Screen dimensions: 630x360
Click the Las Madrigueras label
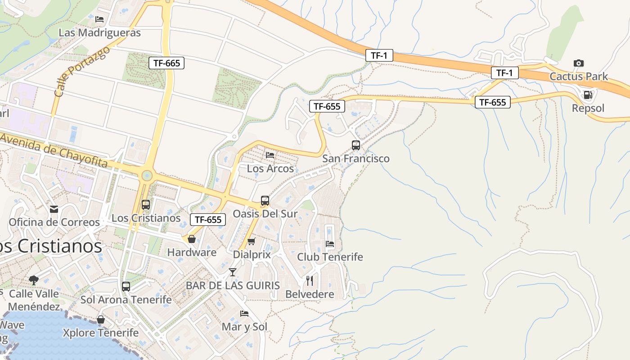click(x=99, y=33)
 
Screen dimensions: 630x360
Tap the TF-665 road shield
click(x=166, y=63)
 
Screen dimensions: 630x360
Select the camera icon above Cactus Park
click(x=579, y=63)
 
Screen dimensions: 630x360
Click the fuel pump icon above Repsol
click(x=588, y=95)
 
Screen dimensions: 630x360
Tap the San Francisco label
click(x=355, y=158)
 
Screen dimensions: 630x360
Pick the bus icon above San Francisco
click(x=355, y=145)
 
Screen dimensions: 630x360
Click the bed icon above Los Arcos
click(x=270, y=155)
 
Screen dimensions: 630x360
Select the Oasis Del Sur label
click(x=265, y=214)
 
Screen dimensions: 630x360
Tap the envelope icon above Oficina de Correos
click(x=54, y=209)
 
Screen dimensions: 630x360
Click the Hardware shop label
click(x=192, y=252)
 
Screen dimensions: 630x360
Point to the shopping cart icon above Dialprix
click(x=252, y=242)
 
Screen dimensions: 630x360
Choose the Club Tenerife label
click(x=330, y=257)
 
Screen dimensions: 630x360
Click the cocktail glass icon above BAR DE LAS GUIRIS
click(x=233, y=272)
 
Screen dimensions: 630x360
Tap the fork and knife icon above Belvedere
click(x=310, y=281)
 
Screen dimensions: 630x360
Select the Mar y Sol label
click(x=244, y=327)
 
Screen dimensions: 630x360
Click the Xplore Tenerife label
click(x=101, y=333)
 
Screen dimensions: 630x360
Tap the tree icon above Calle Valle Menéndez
click(x=34, y=280)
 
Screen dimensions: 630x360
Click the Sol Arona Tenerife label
click(x=126, y=300)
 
